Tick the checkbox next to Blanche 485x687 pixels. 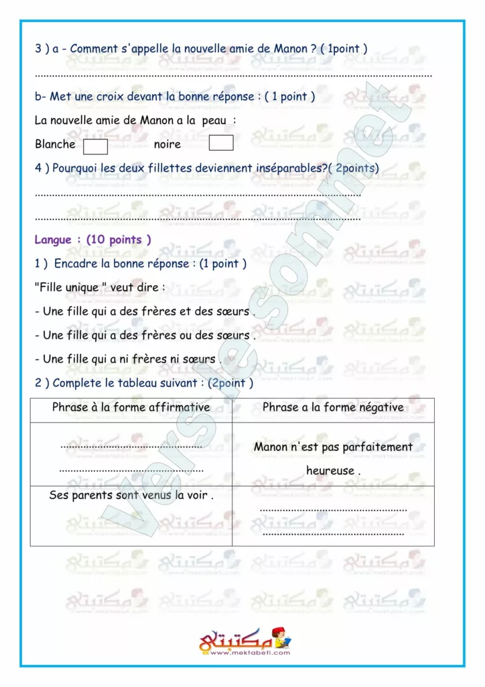pyautogui.click(x=95, y=144)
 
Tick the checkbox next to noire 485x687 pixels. pyautogui.click(x=221, y=143)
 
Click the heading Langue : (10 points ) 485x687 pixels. pyautogui.click(x=92, y=240)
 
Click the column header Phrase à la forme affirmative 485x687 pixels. pyautogui.click(x=131, y=407)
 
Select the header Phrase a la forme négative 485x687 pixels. pyautogui.click(x=333, y=407)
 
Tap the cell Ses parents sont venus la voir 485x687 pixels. pyautogui.click(x=131, y=496)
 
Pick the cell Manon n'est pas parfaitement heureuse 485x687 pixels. pyautogui.click(x=333, y=458)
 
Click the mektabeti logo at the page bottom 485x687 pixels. pyautogui.click(x=245, y=641)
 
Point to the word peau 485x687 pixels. pyautogui.click(x=214, y=121)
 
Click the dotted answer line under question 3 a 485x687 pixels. pyautogui.click(x=232, y=74)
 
